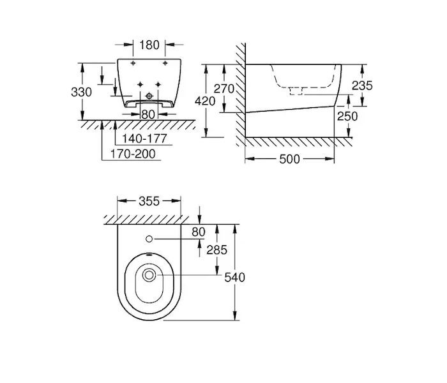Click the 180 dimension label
[x=149, y=45]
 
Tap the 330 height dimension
[x=81, y=92]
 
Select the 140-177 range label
[x=144, y=139]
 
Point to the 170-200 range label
[x=133, y=154]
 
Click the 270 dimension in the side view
[x=224, y=89]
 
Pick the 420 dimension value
[x=205, y=101]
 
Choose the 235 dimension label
[x=362, y=86]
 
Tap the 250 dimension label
[x=347, y=116]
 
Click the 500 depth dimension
[x=290, y=160]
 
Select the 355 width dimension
[x=149, y=202]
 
